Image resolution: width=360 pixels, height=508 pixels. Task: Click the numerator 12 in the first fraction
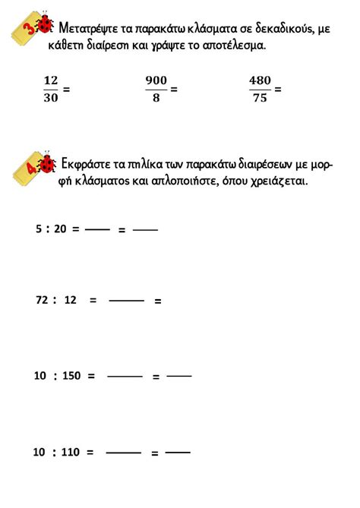click(50, 80)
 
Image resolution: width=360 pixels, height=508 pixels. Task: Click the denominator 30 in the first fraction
click(50, 97)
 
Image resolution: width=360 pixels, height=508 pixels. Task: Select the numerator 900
click(156, 80)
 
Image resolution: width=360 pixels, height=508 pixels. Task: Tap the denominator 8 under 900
click(156, 97)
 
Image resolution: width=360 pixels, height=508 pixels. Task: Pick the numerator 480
click(260, 80)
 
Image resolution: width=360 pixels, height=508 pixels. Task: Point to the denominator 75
click(260, 97)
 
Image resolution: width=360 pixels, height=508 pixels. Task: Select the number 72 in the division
click(42, 300)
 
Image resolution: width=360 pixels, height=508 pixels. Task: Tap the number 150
click(71, 376)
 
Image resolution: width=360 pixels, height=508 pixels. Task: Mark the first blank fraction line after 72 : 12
click(126, 301)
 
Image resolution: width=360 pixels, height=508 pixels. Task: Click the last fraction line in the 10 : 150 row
click(178, 375)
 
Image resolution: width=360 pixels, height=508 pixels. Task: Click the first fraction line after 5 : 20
click(97, 229)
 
